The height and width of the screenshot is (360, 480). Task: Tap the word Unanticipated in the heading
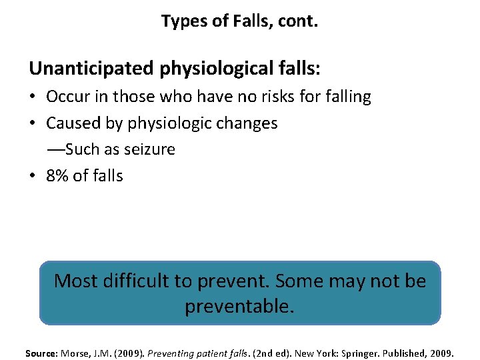tap(92, 68)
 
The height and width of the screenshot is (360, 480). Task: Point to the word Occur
tap(69, 97)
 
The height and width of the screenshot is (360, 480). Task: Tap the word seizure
tap(148, 149)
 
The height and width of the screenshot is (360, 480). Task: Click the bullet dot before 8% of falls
tap(33, 176)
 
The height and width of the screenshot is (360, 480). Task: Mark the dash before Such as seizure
tap(55, 149)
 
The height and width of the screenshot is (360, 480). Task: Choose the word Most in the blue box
tap(74, 281)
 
